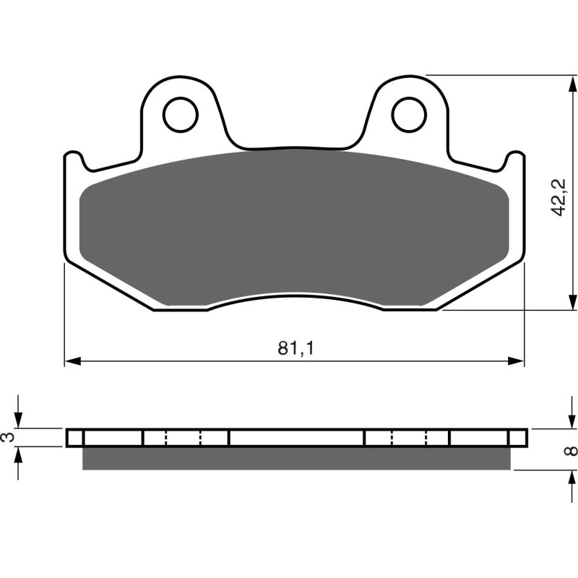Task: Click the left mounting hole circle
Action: click(x=180, y=113)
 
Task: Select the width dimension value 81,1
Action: click(x=296, y=348)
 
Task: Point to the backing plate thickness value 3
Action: click(x=7, y=438)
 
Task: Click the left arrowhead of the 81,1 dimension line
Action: click(x=72, y=361)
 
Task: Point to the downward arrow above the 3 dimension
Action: click(x=20, y=420)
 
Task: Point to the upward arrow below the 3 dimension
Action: click(x=20, y=455)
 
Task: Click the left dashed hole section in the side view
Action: click(x=184, y=438)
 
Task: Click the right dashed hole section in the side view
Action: click(x=409, y=438)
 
